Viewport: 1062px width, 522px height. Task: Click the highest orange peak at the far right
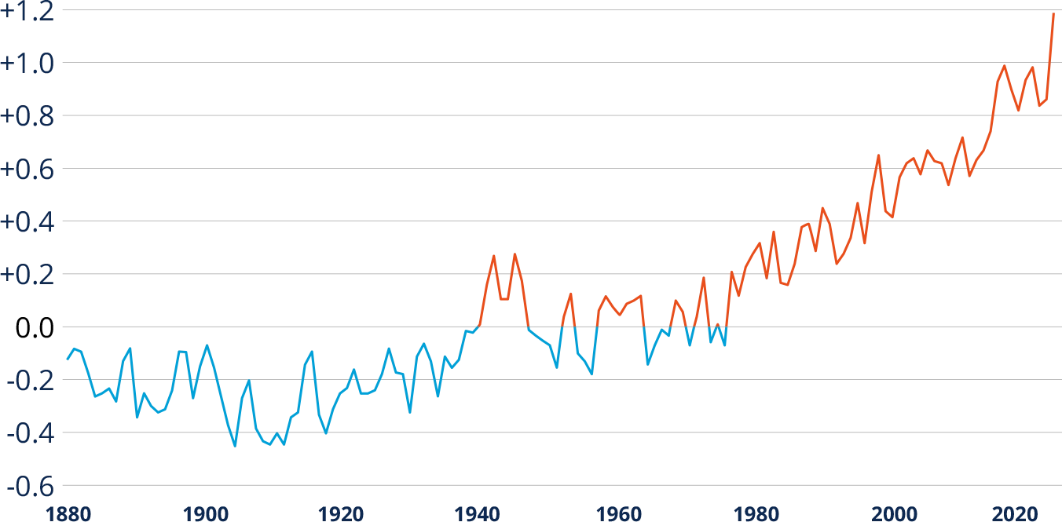(x=1053, y=13)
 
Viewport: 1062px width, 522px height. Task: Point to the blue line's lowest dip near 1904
(x=235, y=447)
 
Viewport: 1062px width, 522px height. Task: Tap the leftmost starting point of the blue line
(x=66, y=360)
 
